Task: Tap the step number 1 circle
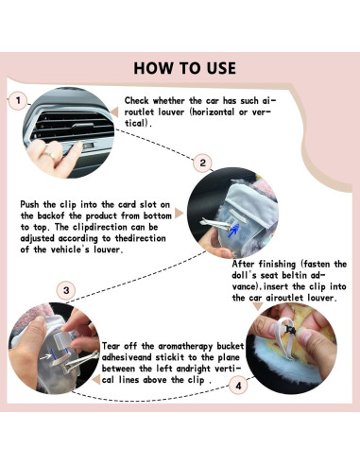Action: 18,101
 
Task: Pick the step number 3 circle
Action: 65,289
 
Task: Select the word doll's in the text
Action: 248,275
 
